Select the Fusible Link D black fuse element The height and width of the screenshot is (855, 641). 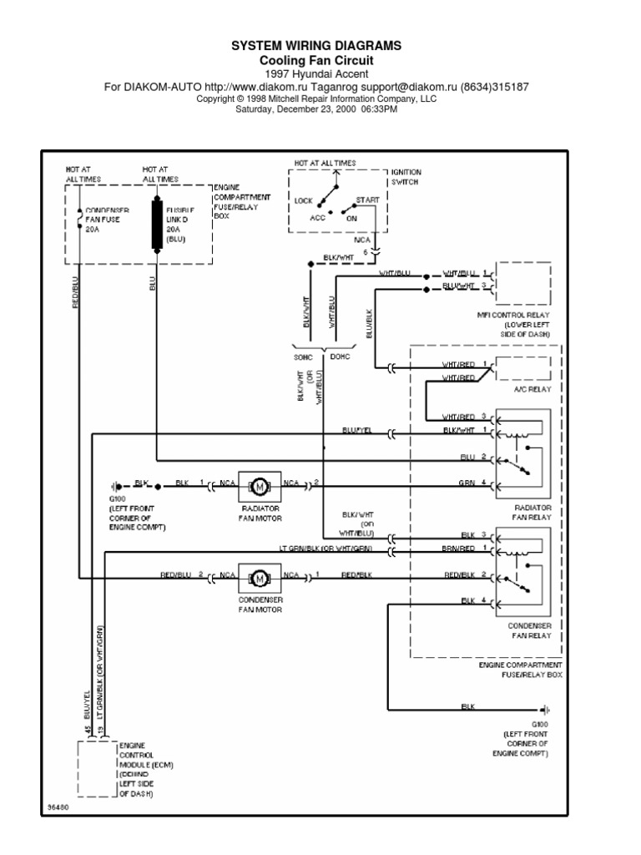click(157, 224)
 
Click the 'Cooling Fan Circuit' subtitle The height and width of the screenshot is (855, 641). click(315, 61)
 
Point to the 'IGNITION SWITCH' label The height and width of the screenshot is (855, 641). click(406, 176)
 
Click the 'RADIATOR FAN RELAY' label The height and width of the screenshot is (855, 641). click(532, 512)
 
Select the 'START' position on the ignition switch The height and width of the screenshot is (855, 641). click(366, 200)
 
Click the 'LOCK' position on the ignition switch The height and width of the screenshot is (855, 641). click(303, 200)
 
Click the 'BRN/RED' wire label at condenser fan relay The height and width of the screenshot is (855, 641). click(460, 549)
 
